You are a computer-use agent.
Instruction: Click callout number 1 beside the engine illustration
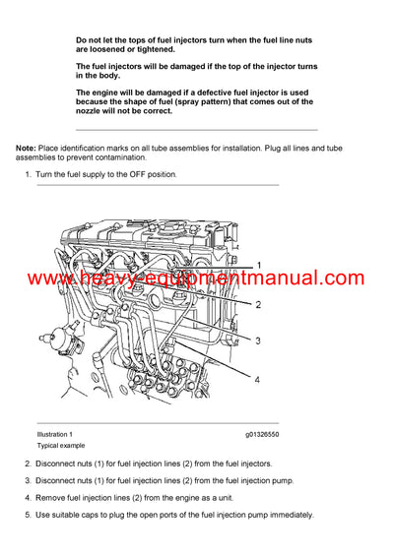pyautogui.click(x=258, y=266)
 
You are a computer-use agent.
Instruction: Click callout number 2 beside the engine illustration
pyautogui.click(x=258, y=304)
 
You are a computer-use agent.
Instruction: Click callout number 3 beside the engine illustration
pyautogui.click(x=258, y=341)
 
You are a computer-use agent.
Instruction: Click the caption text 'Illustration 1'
pyautogui.click(x=54, y=434)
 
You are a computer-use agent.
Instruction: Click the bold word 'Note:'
pyautogui.click(x=27, y=147)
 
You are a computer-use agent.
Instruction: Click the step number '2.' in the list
pyautogui.click(x=28, y=463)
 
